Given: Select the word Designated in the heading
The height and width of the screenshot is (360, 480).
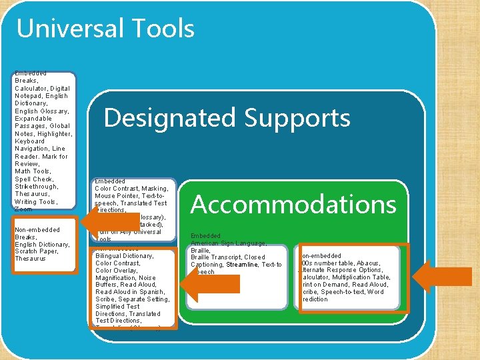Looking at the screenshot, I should click(x=169, y=118).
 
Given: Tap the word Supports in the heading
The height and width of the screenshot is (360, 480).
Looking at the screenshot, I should click(x=298, y=118).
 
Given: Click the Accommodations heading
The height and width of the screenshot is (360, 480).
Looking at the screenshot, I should click(x=293, y=204).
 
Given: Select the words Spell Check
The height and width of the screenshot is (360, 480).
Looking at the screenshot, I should click(x=33, y=179).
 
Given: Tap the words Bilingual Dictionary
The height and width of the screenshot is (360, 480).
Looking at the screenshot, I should click(x=125, y=256).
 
